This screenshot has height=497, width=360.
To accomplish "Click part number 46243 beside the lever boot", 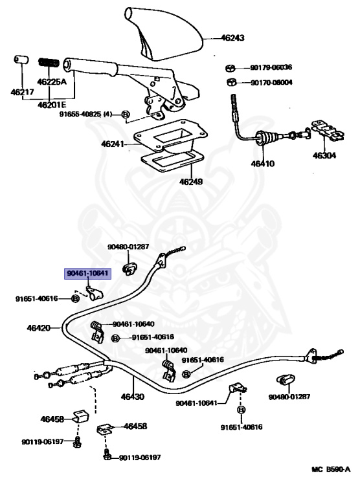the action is [x=232, y=38].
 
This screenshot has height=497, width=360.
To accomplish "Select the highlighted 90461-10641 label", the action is [x=88, y=273].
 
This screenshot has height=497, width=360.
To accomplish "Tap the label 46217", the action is [x=22, y=93].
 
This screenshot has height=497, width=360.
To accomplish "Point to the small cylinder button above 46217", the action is [x=21, y=60].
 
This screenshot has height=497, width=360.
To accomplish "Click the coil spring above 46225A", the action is [x=49, y=62].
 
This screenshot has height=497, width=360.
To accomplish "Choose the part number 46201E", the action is [x=52, y=105].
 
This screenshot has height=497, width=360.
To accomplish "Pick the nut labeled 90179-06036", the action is [x=231, y=68].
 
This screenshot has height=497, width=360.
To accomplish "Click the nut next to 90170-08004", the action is [x=231, y=82].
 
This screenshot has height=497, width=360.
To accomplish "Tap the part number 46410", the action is [x=263, y=164].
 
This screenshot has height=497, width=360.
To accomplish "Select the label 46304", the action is [x=324, y=155].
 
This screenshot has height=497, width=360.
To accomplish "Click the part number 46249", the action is [x=191, y=182].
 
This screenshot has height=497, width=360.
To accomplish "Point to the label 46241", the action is [x=113, y=144].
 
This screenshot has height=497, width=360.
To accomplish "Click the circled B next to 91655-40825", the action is [x=125, y=115].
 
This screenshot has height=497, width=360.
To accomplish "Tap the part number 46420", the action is [x=39, y=327].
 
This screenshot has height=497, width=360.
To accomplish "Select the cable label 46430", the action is [x=133, y=397].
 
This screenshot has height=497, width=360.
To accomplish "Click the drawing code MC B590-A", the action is [x=331, y=469].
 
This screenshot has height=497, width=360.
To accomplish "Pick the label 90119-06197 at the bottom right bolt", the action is [x=140, y=458].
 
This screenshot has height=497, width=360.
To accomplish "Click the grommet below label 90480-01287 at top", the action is [x=128, y=269].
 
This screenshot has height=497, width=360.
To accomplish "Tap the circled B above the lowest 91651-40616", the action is [x=242, y=410].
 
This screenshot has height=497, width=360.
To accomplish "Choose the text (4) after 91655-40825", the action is [x=107, y=114].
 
